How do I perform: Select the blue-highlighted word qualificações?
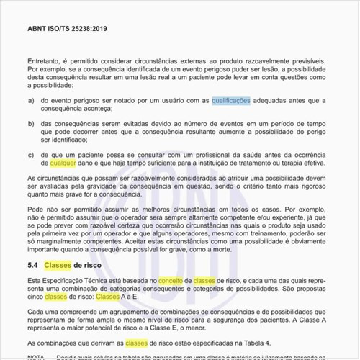point(231,102)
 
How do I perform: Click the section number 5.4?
point(34,266)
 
